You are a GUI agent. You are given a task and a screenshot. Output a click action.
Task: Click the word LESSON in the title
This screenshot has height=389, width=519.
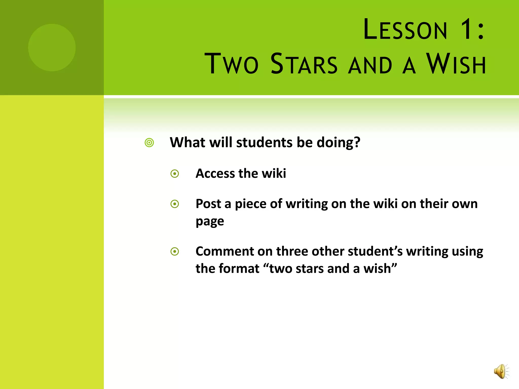point(405,30)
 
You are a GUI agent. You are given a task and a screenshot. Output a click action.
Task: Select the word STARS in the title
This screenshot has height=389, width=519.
point(304,64)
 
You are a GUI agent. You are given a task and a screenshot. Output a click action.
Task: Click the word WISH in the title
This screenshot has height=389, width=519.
point(456,64)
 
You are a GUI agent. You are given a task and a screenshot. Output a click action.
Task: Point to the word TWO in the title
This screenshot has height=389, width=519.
point(231,64)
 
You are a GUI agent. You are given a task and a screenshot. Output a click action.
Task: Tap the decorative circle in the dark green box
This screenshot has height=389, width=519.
point(52,48)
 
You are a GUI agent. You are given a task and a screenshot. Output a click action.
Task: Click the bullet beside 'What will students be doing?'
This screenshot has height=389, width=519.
point(149,143)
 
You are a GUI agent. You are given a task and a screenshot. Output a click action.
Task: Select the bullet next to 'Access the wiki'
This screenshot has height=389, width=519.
point(175,174)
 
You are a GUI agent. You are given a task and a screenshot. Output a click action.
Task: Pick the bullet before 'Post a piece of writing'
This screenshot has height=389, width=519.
point(175,204)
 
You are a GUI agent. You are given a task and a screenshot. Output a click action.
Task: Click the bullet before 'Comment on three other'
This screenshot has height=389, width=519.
point(175,251)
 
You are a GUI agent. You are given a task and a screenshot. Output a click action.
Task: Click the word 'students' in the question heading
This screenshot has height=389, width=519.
point(264,142)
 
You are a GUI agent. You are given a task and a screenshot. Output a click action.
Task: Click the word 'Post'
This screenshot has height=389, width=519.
point(208,204)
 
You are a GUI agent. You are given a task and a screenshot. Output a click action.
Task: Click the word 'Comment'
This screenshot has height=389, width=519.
point(225,251)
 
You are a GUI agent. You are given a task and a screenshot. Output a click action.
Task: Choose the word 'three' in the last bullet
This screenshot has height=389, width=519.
point(292,251)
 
